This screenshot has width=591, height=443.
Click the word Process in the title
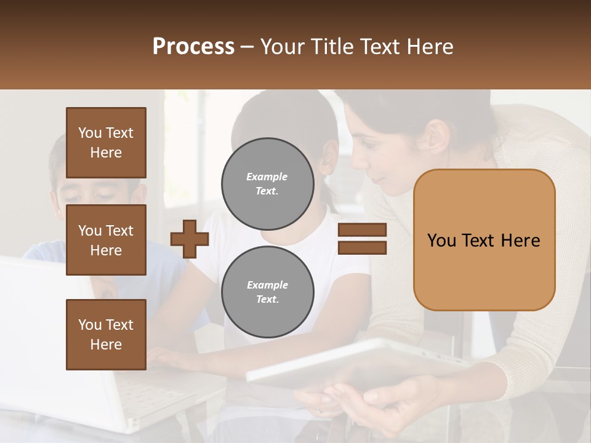pyautogui.click(x=193, y=47)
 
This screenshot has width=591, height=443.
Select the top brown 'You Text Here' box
pyautogui.click(x=106, y=143)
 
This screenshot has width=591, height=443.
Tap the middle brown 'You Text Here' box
pyautogui.click(x=106, y=240)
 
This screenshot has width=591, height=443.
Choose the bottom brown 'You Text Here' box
pyautogui.click(x=106, y=335)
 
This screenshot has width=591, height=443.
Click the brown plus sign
pyautogui.click(x=190, y=239)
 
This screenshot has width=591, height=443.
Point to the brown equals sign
pyautogui.click(x=362, y=239)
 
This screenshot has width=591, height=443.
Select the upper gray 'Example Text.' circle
pyautogui.click(x=267, y=183)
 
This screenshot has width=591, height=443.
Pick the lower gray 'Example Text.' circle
pyautogui.click(x=267, y=292)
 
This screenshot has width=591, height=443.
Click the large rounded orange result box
pyautogui.click(x=484, y=240)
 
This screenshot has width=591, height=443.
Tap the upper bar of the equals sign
pyautogui.click(x=362, y=230)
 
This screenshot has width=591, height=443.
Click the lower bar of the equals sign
pyautogui.click(x=362, y=247)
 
